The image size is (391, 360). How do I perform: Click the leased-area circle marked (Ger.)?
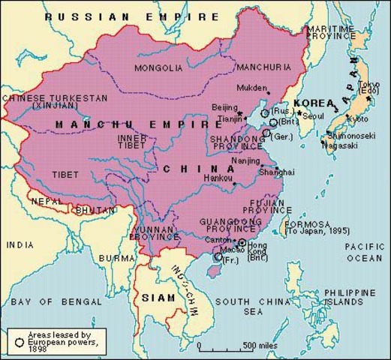pos(267,132)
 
